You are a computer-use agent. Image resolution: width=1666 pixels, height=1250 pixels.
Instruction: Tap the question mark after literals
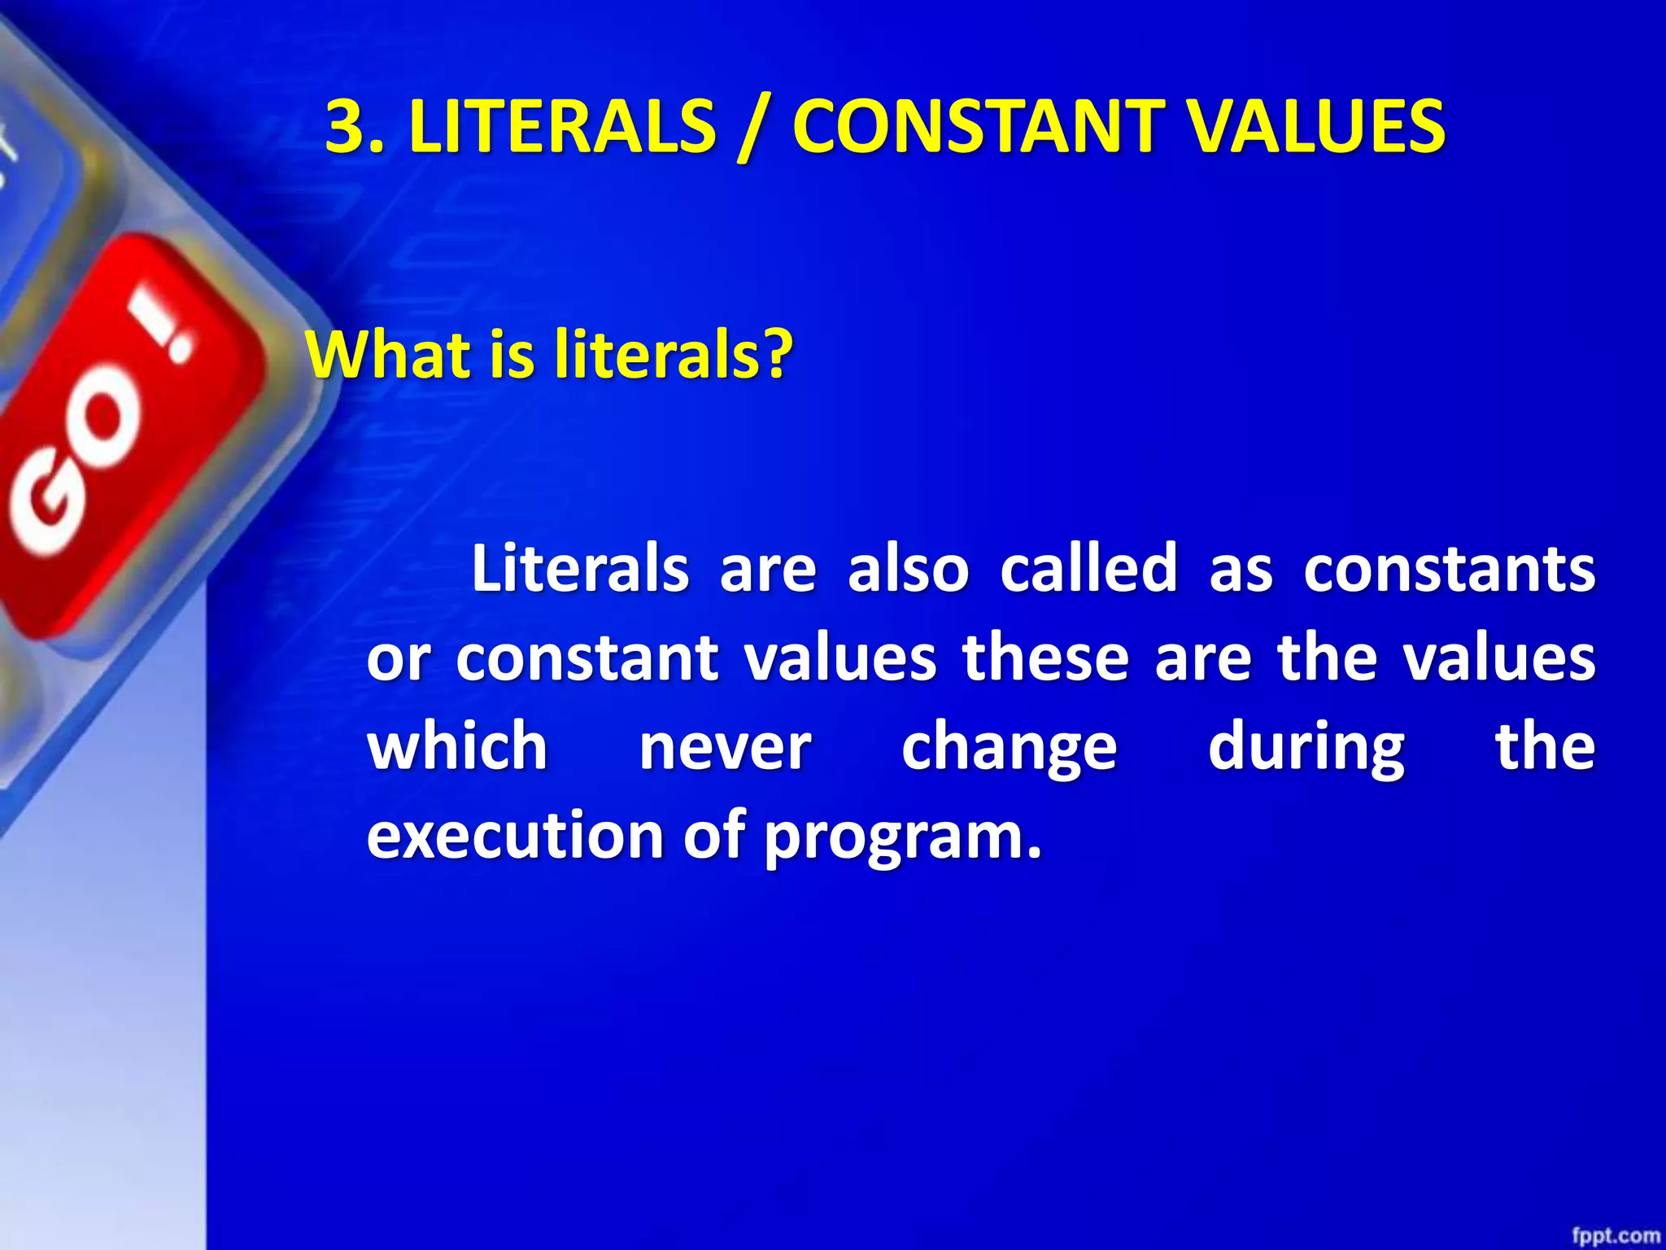click(778, 355)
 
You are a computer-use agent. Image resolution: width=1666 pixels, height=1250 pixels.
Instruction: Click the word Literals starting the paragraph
click(580, 568)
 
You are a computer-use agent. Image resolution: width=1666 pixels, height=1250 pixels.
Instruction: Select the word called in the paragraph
click(1088, 568)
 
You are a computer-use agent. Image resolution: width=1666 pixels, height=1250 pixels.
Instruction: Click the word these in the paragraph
click(1045, 658)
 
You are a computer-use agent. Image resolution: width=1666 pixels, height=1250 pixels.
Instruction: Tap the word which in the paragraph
click(457, 746)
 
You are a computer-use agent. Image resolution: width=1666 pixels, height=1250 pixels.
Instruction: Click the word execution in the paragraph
click(515, 836)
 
